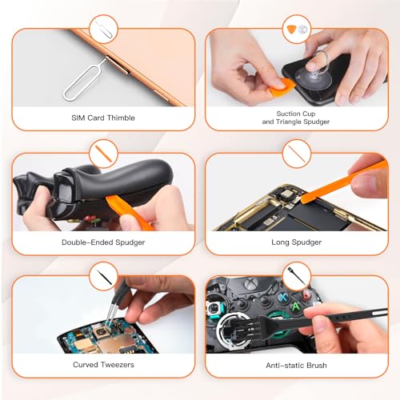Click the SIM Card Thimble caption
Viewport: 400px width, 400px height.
pyautogui.click(x=103, y=118)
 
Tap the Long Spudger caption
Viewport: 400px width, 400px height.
pyautogui.click(x=296, y=242)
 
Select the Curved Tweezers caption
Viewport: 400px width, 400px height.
pyautogui.click(x=103, y=365)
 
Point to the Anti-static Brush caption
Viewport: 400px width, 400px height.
pyautogui.click(x=296, y=365)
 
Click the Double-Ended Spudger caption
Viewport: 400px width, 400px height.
pyautogui.click(x=103, y=242)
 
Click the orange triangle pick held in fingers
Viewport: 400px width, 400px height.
pyautogui.click(x=282, y=86)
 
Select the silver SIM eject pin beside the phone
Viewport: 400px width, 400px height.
pyautogui.click(x=85, y=79)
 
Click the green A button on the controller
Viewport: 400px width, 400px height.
pyautogui.click(x=295, y=306)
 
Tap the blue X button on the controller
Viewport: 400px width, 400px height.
pyautogui.click(x=283, y=297)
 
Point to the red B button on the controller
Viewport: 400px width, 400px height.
pyautogui.click(x=306, y=294)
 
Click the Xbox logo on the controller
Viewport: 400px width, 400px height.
pyautogui.click(x=250, y=283)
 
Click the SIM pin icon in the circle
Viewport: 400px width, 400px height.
pyautogui.click(x=103, y=30)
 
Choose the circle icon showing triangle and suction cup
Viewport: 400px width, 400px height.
pyautogui.click(x=297, y=30)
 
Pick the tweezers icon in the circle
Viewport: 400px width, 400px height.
pyautogui.click(x=103, y=276)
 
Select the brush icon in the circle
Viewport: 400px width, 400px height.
pyautogui.click(x=297, y=276)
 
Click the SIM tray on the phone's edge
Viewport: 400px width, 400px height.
pyautogui.click(x=117, y=65)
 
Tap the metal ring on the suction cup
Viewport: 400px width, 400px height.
pyautogui.click(x=321, y=62)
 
